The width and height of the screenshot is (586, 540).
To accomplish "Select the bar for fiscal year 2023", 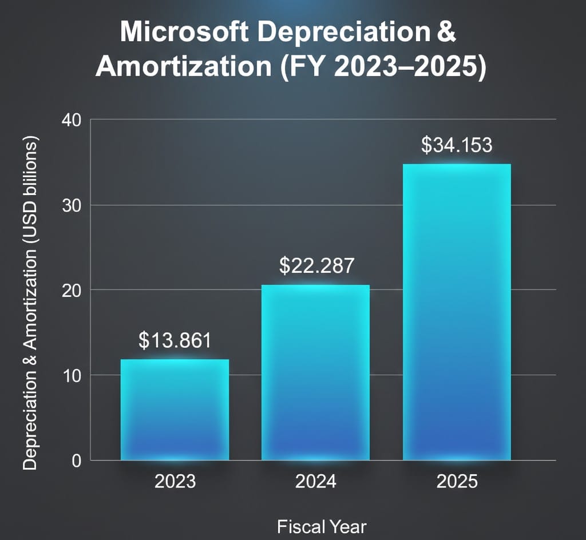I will pos(175,410).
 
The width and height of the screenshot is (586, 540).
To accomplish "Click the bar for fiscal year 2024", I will pos(315,372).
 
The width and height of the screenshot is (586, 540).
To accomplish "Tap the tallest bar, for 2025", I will pos(457,312).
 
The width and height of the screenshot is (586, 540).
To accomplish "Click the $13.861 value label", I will pos(175,340).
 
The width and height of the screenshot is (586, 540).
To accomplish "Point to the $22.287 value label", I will pos(316,266).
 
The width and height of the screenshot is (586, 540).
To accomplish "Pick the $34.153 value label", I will pos(457,145).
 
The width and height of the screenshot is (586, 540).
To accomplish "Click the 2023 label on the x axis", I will pos(175,482).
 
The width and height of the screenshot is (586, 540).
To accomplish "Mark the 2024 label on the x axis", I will pos(316,482).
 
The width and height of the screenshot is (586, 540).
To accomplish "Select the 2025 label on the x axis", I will pos(457,482).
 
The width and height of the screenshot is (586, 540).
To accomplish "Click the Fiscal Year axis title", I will pos(322,526).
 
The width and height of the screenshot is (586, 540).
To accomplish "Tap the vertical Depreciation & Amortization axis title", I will pos(30,303).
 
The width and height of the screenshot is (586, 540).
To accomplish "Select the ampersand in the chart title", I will pos(446,33).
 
